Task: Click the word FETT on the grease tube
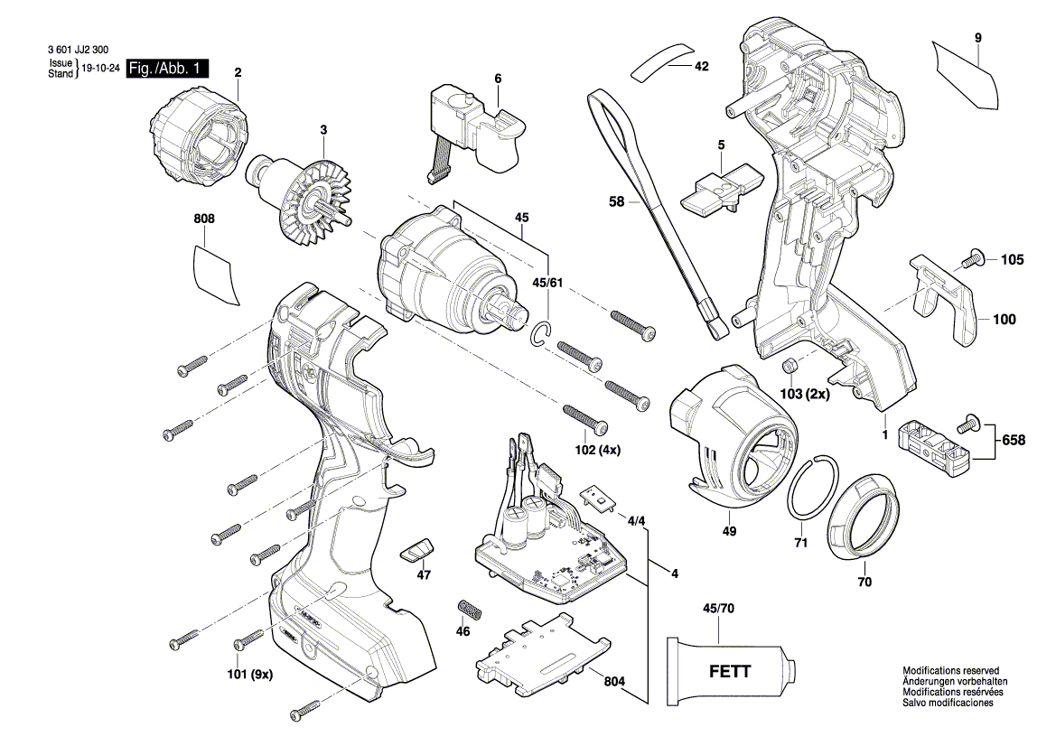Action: (x=727, y=673)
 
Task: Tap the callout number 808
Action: (x=205, y=219)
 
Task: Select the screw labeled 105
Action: (x=970, y=259)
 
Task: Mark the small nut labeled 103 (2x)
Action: (x=788, y=366)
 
